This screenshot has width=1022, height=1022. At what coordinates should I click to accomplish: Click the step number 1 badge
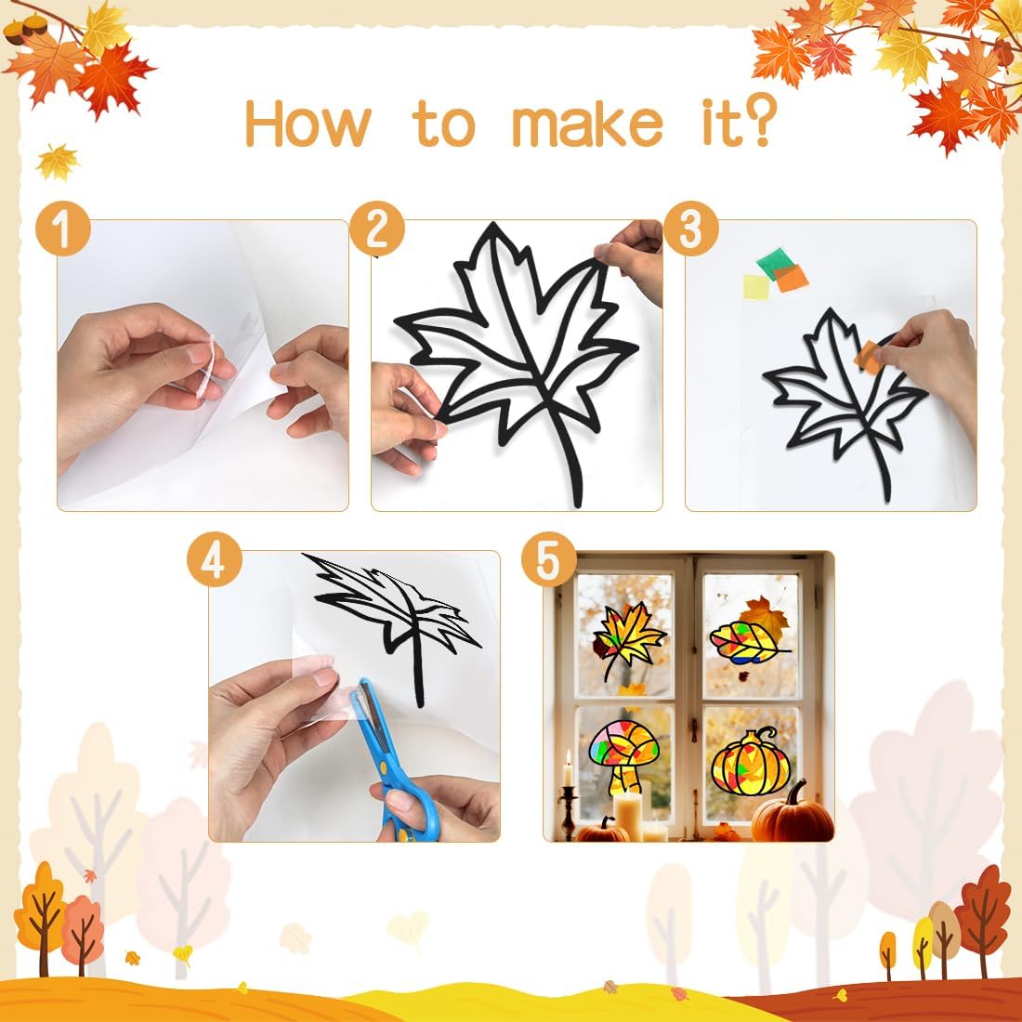[x=62, y=229]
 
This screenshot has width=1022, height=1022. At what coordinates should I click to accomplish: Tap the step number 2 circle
[x=376, y=229]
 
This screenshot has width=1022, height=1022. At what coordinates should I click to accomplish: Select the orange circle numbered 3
[x=691, y=229]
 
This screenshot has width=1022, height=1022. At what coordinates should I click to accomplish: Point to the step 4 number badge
[x=214, y=559]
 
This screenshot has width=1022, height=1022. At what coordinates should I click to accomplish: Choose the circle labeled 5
[x=549, y=559]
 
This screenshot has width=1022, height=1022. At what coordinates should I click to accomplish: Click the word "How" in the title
[x=308, y=124]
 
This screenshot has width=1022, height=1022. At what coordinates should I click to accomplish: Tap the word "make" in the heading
[x=587, y=124]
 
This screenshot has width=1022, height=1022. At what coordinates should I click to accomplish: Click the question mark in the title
[x=759, y=119]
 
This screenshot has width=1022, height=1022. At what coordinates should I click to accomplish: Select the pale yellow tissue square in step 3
[x=756, y=287]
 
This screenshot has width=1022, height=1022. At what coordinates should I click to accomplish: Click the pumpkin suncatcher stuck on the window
[x=750, y=762]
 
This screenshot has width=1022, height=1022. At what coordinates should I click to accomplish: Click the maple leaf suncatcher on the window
[x=628, y=639]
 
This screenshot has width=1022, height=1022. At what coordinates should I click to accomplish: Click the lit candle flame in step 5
[x=568, y=756]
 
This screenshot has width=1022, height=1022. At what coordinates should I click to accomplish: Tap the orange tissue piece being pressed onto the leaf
[x=868, y=357]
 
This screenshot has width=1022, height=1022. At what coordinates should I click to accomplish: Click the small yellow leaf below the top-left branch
[x=58, y=162]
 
